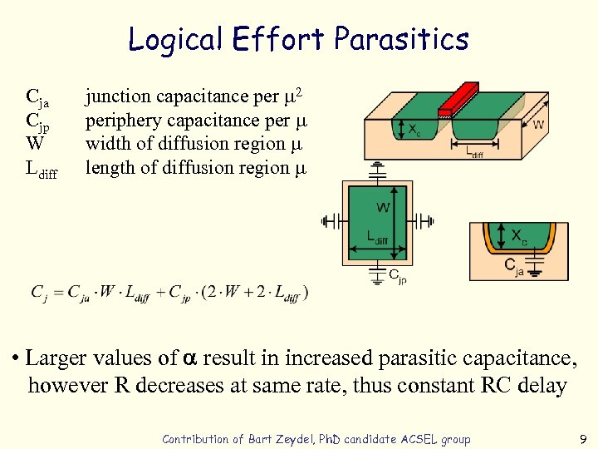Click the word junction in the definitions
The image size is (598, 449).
point(116,97)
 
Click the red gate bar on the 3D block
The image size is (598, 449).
point(455,99)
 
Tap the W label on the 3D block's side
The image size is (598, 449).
point(538,125)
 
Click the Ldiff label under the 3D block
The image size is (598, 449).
point(473,152)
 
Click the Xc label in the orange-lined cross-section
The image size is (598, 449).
point(518,236)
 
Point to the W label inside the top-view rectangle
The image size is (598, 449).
point(384,206)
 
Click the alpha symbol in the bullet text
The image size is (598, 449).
point(189,358)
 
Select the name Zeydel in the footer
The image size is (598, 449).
point(292,439)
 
